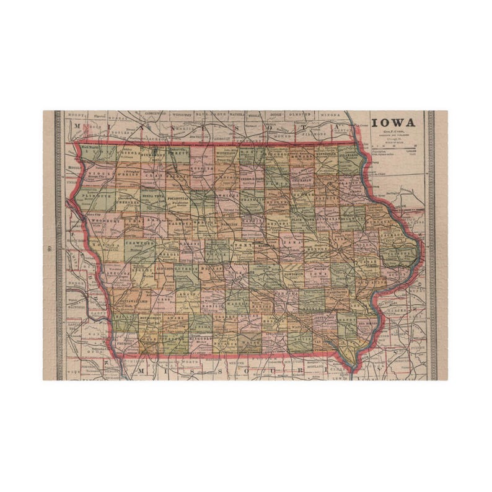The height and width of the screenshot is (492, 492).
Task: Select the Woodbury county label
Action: click(x=100, y=220)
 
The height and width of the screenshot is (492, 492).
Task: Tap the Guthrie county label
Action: click(x=187, y=271)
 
